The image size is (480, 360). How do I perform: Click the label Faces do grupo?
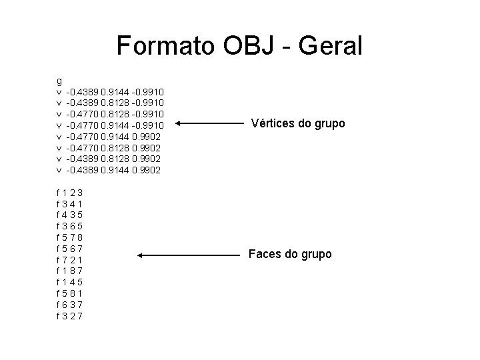pos(289,254)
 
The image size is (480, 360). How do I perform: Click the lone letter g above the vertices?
pos(59,79)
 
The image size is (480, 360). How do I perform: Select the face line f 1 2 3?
pos(69,193)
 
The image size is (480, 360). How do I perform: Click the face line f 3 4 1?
pos(69,204)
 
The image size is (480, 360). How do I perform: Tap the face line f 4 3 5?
pos(69,215)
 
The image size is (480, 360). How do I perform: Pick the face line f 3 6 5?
pos(69,227)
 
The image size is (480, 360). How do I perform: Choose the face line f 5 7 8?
pos(69,237)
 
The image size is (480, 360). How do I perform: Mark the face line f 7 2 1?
pos(69,259)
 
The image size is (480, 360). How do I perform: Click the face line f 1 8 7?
pos(69,271)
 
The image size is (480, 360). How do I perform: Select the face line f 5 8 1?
pos(69,293)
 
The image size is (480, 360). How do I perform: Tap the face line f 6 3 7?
pos(69,304)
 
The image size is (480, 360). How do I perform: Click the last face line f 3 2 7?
pos(69,315)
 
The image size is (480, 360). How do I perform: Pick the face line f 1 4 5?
pos(69,282)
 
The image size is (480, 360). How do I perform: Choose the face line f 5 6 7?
pos(69,249)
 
